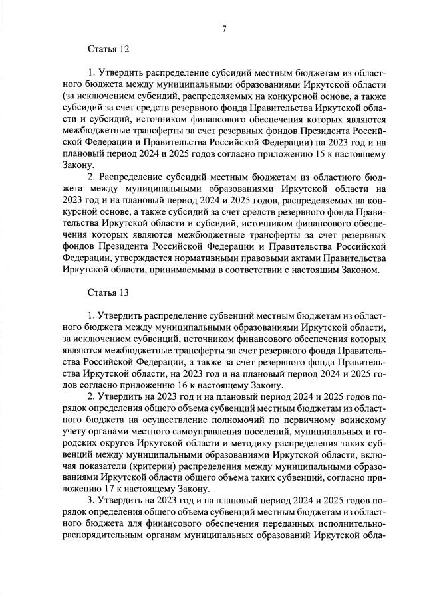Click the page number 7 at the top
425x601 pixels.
click(224, 29)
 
